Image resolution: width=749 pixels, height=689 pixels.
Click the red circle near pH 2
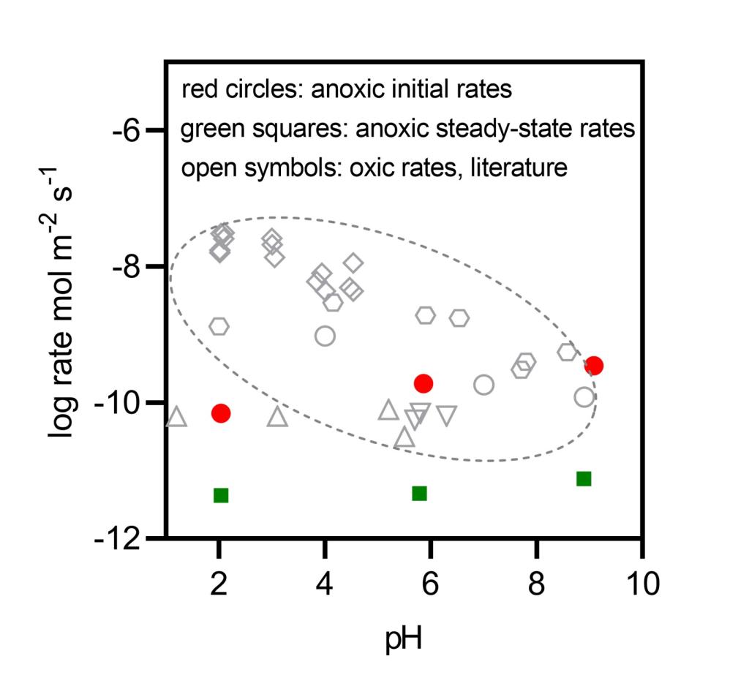[221, 413]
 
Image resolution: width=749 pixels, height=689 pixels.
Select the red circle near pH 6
[424, 383]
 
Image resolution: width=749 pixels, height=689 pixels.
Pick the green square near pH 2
[221, 495]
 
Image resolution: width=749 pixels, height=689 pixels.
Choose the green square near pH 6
[419, 493]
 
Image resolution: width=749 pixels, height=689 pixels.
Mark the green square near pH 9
[584, 478]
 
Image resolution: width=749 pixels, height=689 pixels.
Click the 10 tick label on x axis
[643, 584]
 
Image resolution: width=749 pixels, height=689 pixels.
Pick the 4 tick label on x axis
[325, 584]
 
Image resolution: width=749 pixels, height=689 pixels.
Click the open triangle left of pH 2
[176, 417]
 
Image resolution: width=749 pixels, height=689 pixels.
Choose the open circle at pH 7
[483, 385]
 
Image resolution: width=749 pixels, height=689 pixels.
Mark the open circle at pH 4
[325, 336]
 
